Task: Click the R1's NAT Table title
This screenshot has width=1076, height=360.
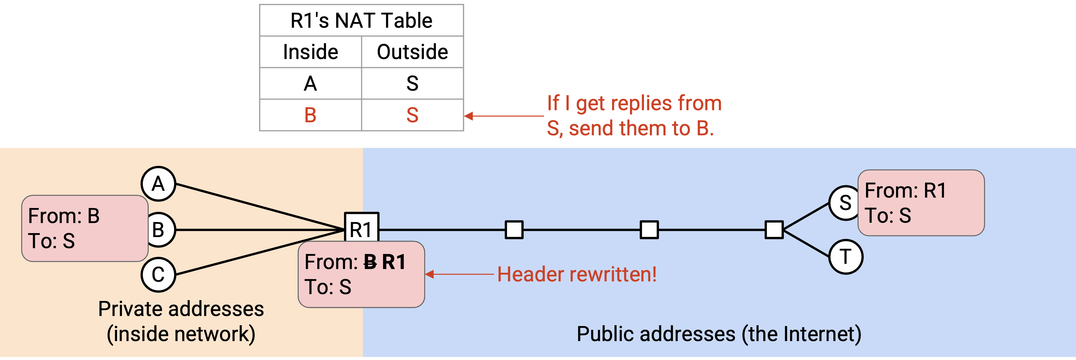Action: point(361,21)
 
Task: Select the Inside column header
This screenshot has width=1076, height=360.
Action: point(310,52)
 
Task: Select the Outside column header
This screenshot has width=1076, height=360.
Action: point(412,52)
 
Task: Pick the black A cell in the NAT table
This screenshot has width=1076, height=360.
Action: point(310,83)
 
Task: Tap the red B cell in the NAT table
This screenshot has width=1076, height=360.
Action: point(310,115)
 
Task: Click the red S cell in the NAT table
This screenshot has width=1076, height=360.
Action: point(412,115)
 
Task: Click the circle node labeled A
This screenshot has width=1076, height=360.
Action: point(158,184)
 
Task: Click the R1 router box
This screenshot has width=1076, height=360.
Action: point(361,228)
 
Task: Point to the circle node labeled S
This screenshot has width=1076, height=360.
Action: point(844,203)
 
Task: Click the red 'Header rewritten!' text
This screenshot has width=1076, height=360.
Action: point(577,274)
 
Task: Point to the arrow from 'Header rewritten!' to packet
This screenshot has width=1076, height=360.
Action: point(459,274)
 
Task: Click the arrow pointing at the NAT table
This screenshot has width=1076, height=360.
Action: point(504,116)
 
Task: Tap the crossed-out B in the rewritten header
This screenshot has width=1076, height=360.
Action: point(370,262)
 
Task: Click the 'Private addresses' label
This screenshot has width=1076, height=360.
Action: point(181,309)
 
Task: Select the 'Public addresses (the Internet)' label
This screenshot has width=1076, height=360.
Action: point(719,334)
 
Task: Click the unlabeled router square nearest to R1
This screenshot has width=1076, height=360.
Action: point(514,230)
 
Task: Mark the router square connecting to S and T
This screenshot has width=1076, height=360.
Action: point(774,230)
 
